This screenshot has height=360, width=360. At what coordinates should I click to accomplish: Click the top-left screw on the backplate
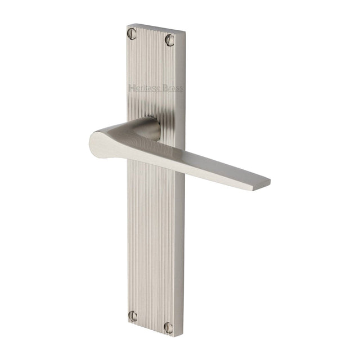pos(132,31)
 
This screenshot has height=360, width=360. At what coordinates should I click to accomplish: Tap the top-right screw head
pos(169,39)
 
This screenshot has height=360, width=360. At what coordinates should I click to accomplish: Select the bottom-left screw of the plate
pos(132,316)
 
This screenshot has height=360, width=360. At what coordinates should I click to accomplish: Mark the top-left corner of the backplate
pos(125,25)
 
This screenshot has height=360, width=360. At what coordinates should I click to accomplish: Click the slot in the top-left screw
pos(132,31)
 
